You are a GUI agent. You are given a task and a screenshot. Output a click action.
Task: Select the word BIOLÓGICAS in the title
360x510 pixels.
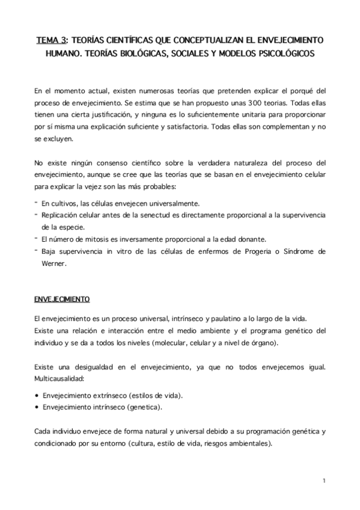141,54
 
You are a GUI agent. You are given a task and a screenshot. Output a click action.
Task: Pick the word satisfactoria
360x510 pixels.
204,127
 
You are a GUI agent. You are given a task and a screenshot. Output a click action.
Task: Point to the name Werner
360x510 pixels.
53,263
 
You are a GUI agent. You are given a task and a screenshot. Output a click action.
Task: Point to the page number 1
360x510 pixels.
324,481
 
